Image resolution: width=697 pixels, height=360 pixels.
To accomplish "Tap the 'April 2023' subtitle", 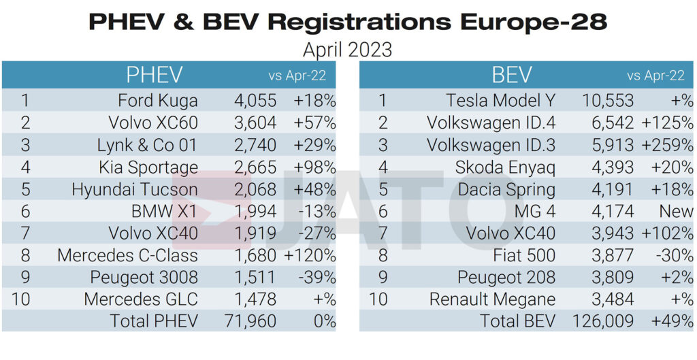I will point(348,50).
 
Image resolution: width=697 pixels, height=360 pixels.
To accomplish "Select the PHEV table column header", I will point(155,75).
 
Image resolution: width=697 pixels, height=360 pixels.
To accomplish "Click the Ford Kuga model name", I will point(158,101).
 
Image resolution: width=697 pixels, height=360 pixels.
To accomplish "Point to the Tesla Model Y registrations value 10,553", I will point(608,101).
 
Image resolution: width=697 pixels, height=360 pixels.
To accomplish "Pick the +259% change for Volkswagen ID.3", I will point(667,145).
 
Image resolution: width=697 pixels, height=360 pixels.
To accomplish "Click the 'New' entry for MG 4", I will point(676,211).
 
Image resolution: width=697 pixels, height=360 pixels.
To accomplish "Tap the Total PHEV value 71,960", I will point(250,321).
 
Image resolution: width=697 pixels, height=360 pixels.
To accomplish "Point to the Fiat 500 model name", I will point(524,255).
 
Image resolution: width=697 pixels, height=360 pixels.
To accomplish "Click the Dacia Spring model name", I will point(506,189).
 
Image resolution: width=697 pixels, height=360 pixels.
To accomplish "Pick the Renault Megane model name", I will point(492,299).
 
